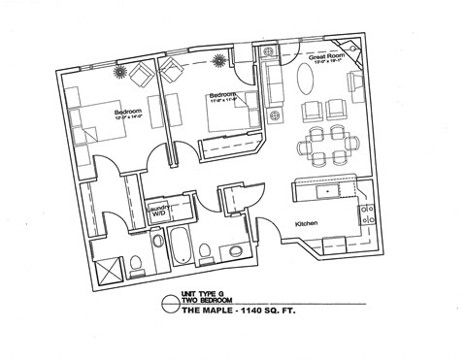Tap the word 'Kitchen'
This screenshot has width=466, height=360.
pos(306,224)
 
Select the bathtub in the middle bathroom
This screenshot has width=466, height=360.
pos(181,246)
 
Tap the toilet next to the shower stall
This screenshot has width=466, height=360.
pos(137,260)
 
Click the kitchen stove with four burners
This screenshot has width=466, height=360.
pos(368,215)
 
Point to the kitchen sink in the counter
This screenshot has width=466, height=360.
pos(328,191)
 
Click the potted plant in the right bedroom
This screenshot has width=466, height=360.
pos(219,60)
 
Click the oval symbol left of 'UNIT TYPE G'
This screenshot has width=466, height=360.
pos(170,298)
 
